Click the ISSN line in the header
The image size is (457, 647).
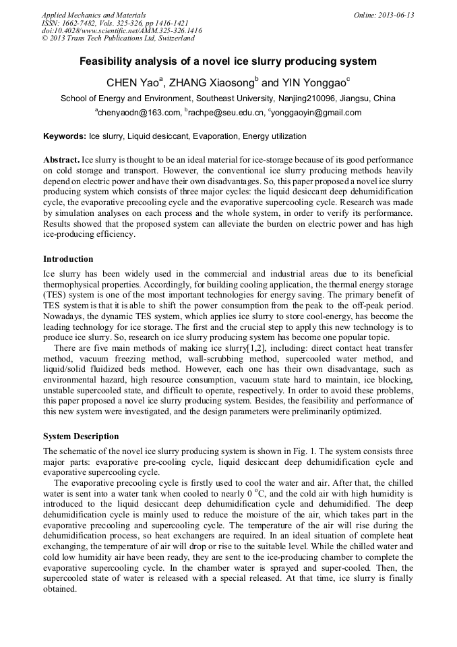[x=115, y=23]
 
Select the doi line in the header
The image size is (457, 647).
[x=121, y=31]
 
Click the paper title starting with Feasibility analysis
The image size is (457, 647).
[x=228, y=62]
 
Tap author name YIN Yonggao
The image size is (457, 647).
[x=312, y=83]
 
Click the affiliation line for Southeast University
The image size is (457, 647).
[x=228, y=99]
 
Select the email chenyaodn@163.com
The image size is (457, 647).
[x=139, y=113]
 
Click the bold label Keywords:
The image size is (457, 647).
[x=65, y=136]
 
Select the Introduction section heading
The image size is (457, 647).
[x=68, y=259]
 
